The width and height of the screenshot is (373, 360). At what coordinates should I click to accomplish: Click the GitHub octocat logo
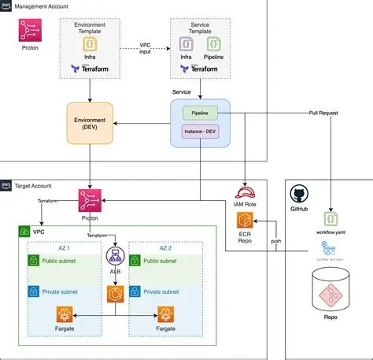pyautogui.click(x=299, y=195)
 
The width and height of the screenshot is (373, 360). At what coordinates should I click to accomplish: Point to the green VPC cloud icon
pyautogui.click(x=26, y=233)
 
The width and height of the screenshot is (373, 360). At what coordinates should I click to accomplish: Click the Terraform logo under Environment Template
pyautogui.click(x=89, y=69)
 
